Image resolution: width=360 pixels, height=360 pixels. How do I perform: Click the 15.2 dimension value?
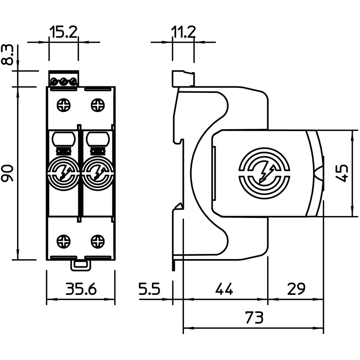tap(64, 32)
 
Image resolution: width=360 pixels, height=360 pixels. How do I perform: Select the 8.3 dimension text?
tap(7, 55)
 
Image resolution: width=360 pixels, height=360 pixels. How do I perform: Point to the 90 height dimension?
tap(8, 173)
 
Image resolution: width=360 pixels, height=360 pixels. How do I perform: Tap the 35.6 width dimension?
tap(81, 289)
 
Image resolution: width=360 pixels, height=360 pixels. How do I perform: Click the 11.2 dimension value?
tap(183, 32)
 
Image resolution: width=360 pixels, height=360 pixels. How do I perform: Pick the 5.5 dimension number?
tap(149, 289)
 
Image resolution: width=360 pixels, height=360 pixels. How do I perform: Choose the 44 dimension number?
tap(224, 289)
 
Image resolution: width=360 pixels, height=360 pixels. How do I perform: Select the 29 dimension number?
tap(296, 289)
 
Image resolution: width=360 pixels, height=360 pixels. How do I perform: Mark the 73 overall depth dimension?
tap(254, 317)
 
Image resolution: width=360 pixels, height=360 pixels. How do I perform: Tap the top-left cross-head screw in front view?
tap(64, 105)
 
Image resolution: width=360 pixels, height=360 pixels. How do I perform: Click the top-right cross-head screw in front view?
tap(98, 105)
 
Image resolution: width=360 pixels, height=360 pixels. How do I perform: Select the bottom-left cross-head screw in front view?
tap(64, 241)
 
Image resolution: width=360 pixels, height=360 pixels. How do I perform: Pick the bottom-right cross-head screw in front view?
tap(98, 241)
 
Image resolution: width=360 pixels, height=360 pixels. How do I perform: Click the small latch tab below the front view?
tap(81, 266)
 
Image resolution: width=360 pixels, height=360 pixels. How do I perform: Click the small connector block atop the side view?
tap(184, 78)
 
